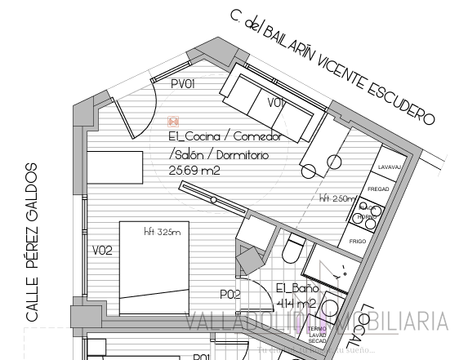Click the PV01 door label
pos(183,84)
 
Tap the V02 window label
pos(102,250)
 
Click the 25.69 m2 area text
pos(194,171)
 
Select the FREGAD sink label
pos(378,189)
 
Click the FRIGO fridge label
pos(358,242)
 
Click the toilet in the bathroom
pos(294,247)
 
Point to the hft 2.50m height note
pos(337,198)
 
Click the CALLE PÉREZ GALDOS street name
pos(31,241)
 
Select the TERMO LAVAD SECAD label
pos(317,334)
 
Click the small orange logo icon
pos(173,122)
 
